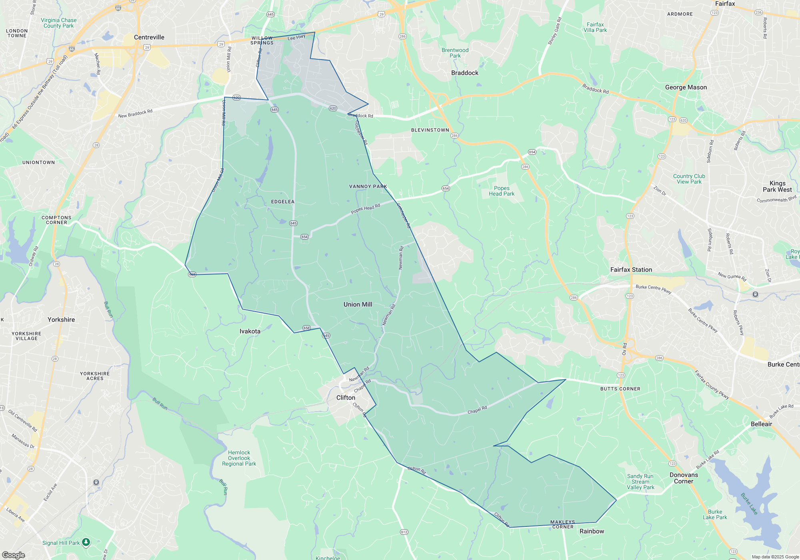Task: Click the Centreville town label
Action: click(149, 37)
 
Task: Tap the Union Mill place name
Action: click(358, 304)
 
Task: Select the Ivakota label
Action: click(250, 331)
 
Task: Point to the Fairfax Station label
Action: click(631, 270)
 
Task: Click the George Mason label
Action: click(686, 87)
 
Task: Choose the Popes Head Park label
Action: click(502, 191)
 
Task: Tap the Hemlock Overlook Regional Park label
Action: click(239, 458)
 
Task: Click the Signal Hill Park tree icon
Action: click(86, 542)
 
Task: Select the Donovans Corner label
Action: click(684, 478)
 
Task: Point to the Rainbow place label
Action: click(592, 531)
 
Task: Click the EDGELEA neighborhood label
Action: click(283, 202)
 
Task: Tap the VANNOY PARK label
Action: click(368, 186)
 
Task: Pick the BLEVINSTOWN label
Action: click(430, 130)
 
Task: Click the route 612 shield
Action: click(404, 532)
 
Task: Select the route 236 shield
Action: click(758, 12)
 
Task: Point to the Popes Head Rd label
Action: click(365, 209)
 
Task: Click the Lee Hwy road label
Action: click(296, 37)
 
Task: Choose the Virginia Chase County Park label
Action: click(58, 23)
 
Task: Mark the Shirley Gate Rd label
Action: click(555, 31)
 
